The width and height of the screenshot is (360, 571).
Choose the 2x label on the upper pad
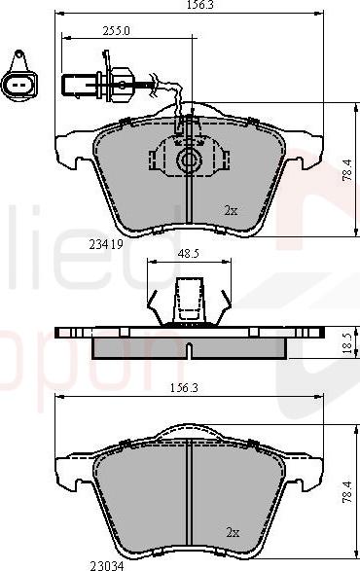(231, 209)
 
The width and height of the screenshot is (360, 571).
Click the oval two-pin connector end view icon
(18, 85)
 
